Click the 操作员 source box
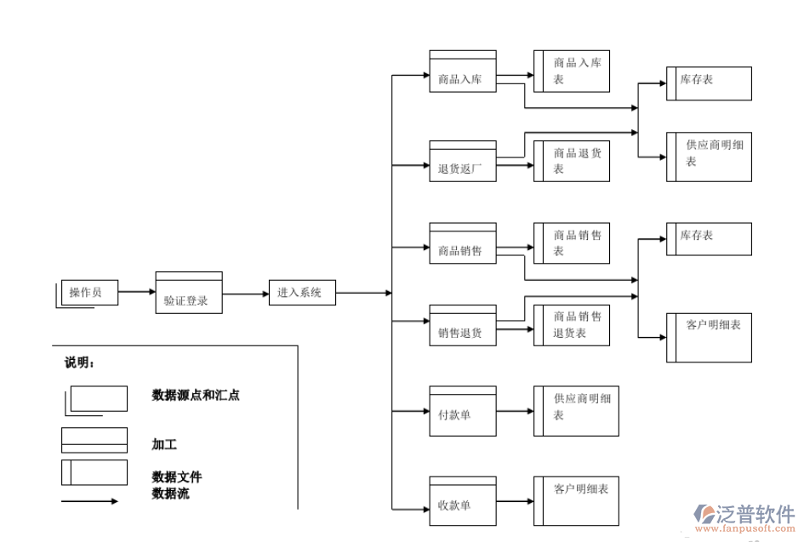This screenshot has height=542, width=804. (89, 293)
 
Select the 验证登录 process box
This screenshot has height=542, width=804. (188, 294)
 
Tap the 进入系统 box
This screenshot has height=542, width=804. (302, 293)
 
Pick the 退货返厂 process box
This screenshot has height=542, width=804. (463, 162)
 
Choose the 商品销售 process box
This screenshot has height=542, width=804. (463, 245)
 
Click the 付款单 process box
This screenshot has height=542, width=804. (463, 410)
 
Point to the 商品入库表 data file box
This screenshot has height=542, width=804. (572, 71)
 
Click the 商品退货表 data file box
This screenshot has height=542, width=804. (572, 161)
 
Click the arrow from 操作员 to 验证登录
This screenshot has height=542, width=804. (136, 293)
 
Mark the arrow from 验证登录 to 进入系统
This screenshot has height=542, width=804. (245, 294)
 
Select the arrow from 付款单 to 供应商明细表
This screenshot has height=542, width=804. (515, 411)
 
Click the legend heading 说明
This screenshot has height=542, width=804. (79, 362)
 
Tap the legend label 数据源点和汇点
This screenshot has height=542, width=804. (195, 395)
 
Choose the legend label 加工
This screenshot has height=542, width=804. (164, 444)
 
